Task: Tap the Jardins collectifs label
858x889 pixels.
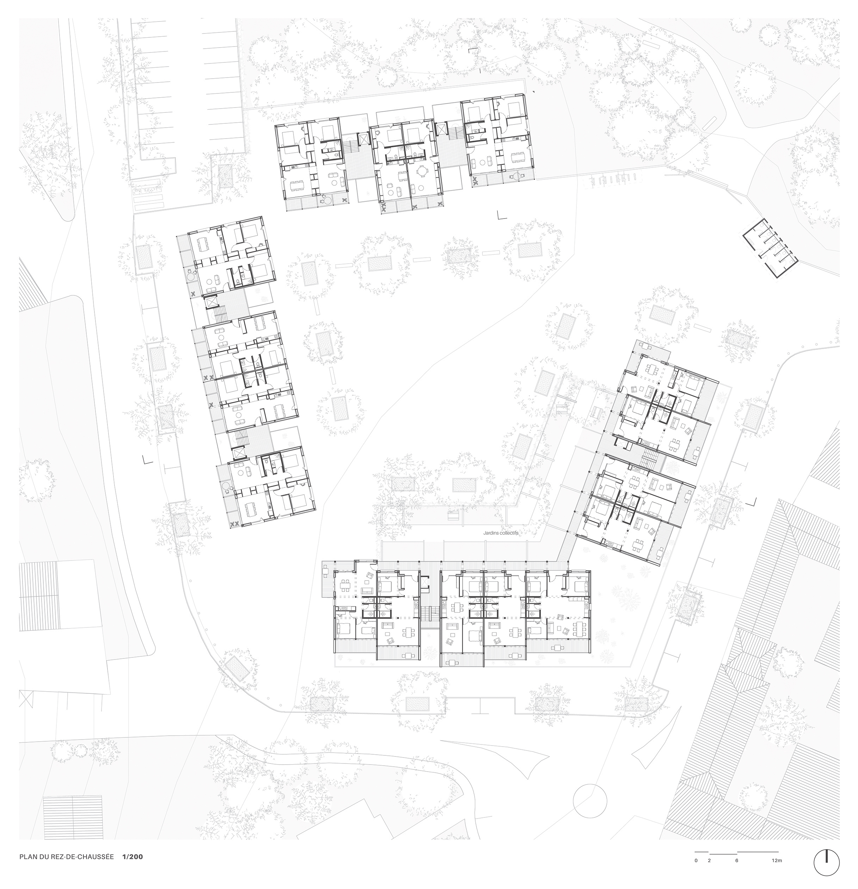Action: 500,534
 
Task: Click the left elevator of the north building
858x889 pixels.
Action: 363,139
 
